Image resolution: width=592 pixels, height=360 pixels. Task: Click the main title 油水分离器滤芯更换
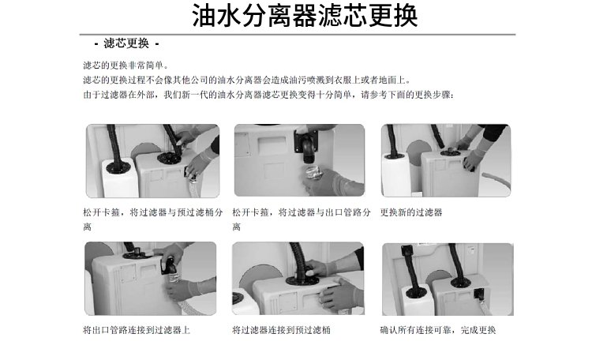[x=305, y=16]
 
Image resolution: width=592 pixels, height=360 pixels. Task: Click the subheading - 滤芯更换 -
[x=126, y=43]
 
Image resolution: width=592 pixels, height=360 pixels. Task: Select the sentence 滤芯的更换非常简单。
[x=126, y=66]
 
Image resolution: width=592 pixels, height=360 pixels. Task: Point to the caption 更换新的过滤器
[x=411, y=212]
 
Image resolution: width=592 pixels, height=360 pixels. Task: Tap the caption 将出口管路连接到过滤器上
[x=137, y=330]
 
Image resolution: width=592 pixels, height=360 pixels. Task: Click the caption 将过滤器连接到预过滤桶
[x=281, y=330]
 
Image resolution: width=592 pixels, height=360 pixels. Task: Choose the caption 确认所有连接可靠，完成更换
[x=438, y=330]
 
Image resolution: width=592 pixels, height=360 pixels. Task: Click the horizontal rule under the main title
[x=298, y=35]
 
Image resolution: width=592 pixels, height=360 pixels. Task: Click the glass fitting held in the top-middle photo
[x=314, y=173]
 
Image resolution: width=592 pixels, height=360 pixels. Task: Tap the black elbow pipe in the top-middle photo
[x=307, y=145]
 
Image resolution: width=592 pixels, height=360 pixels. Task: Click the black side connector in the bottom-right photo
[x=479, y=294]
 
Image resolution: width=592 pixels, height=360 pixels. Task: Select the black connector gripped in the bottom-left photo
[x=169, y=265]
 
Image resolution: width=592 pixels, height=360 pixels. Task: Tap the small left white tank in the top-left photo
[x=118, y=178]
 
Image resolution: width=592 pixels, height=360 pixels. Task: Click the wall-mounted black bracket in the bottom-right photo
[x=407, y=249]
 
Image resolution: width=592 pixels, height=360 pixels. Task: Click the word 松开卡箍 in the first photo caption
[x=101, y=212]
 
